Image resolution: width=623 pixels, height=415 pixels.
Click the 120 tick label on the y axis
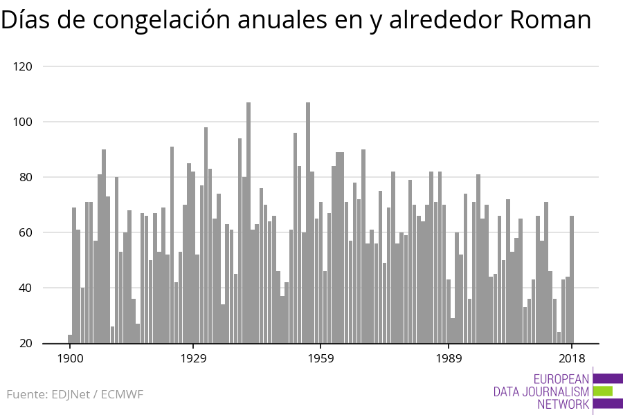click(x=23, y=66)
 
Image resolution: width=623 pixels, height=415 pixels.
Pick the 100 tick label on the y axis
click(x=23, y=122)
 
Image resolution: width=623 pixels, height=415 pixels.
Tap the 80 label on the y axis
click(x=26, y=177)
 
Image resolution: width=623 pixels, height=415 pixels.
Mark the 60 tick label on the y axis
click(x=26, y=232)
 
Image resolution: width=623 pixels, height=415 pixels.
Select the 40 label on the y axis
click(x=26, y=288)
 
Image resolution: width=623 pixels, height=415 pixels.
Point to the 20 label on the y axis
click(x=26, y=343)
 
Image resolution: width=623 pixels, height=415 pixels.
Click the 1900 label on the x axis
click(x=70, y=358)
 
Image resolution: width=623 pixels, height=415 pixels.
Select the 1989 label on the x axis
click(x=449, y=358)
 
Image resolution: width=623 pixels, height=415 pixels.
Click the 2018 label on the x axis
click(x=572, y=358)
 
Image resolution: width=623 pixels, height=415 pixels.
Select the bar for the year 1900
click(x=70, y=339)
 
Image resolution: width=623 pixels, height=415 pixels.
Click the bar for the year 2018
click(x=572, y=279)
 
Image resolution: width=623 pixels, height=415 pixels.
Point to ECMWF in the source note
click(x=122, y=395)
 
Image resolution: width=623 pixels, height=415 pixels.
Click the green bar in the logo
click(x=603, y=391)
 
